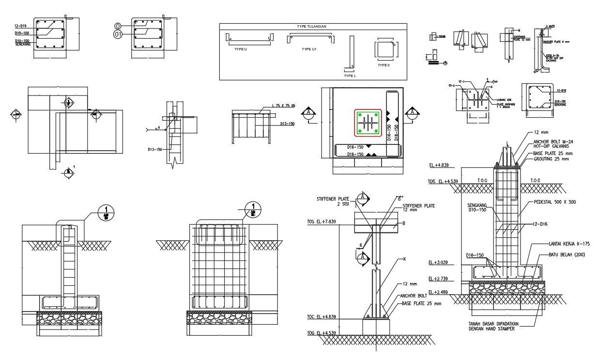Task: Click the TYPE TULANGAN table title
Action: pos(312,27)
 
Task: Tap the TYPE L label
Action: pos(350,76)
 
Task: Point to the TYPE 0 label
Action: pos(383,65)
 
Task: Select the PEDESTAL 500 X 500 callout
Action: pos(554,202)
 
